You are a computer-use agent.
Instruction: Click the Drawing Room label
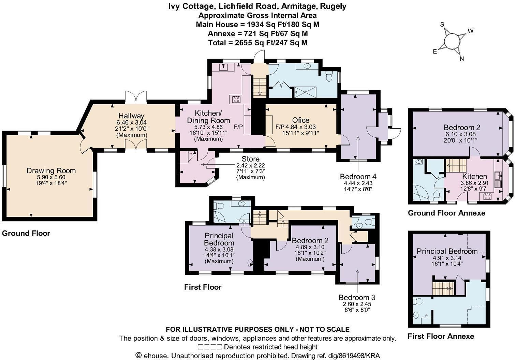(51, 171)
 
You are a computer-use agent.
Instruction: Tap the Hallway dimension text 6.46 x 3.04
(132, 123)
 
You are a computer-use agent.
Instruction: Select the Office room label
(301, 120)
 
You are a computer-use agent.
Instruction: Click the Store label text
(251, 159)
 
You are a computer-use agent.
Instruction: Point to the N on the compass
(462, 59)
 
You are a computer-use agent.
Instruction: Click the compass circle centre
(452, 42)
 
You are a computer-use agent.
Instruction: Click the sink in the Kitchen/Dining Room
(223, 67)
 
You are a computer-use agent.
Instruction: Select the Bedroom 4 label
(358, 177)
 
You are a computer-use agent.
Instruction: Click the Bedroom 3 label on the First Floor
(357, 298)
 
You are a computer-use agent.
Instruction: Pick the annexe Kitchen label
(474, 177)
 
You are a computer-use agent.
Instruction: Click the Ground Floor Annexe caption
(446, 213)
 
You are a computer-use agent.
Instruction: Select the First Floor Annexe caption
(441, 336)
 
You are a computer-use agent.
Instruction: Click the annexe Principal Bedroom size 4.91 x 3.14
(447, 258)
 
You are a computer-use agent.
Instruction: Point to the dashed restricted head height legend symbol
(210, 347)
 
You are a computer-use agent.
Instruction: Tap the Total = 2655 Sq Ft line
(257, 43)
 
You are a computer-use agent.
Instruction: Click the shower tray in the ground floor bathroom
(306, 92)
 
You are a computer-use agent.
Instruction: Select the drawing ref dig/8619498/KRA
(354, 356)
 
